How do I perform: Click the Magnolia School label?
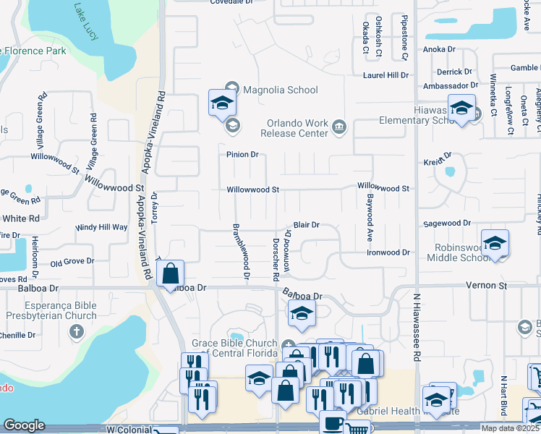pyautogui.click(x=280, y=90)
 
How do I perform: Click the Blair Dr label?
pyautogui.click(x=306, y=226)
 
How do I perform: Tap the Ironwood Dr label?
pyautogui.click(x=388, y=253)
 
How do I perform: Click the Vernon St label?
pyautogui.click(x=490, y=287)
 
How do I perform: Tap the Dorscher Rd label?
pyautogui.click(x=276, y=258)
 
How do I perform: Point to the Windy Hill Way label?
pyautogui.click(x=101, y=227)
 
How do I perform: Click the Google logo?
pyautogui.click(x=24, y=425)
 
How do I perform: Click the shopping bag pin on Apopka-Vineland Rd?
pyautogui.click(x=170, y=274)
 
